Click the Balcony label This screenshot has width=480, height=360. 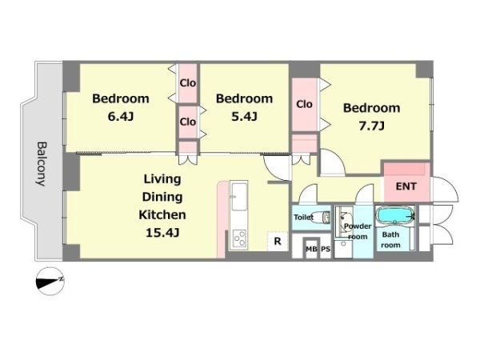tap(41, 164)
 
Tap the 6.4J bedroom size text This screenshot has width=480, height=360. tap(121, 117)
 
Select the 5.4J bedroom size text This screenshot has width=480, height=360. tap(244, 116)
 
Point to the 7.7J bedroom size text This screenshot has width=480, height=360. tap(371, 126)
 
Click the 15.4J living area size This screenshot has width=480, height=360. tap(162, 233)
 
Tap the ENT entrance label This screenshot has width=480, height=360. tap(406, 186)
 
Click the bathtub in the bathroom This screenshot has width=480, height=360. tap(395, 216)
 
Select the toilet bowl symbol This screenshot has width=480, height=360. tap(322, 218)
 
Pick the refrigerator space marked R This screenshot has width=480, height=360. tap(278, 242)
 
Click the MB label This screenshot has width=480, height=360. tap(311, 249)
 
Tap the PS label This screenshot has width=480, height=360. tap(326, 249)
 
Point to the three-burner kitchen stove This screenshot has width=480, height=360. tap(240, 238)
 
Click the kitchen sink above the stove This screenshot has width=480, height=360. tap(238, 197)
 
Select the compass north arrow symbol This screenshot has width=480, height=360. tap(50, 281)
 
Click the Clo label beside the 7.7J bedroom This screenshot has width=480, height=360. tap(304, 104)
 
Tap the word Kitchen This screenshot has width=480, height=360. tap(162, 214)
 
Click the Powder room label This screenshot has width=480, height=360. tap(358, 231)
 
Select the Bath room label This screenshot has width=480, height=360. tap(390, 240)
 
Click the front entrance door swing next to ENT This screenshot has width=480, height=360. tap(444, 189)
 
